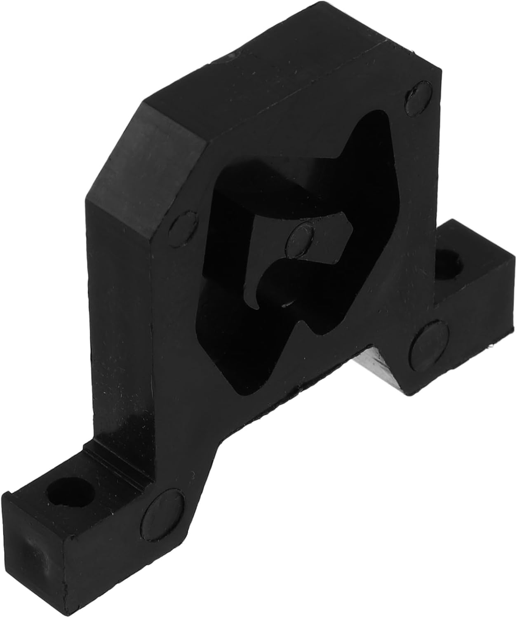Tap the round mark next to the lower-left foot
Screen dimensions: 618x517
pos(164,507)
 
